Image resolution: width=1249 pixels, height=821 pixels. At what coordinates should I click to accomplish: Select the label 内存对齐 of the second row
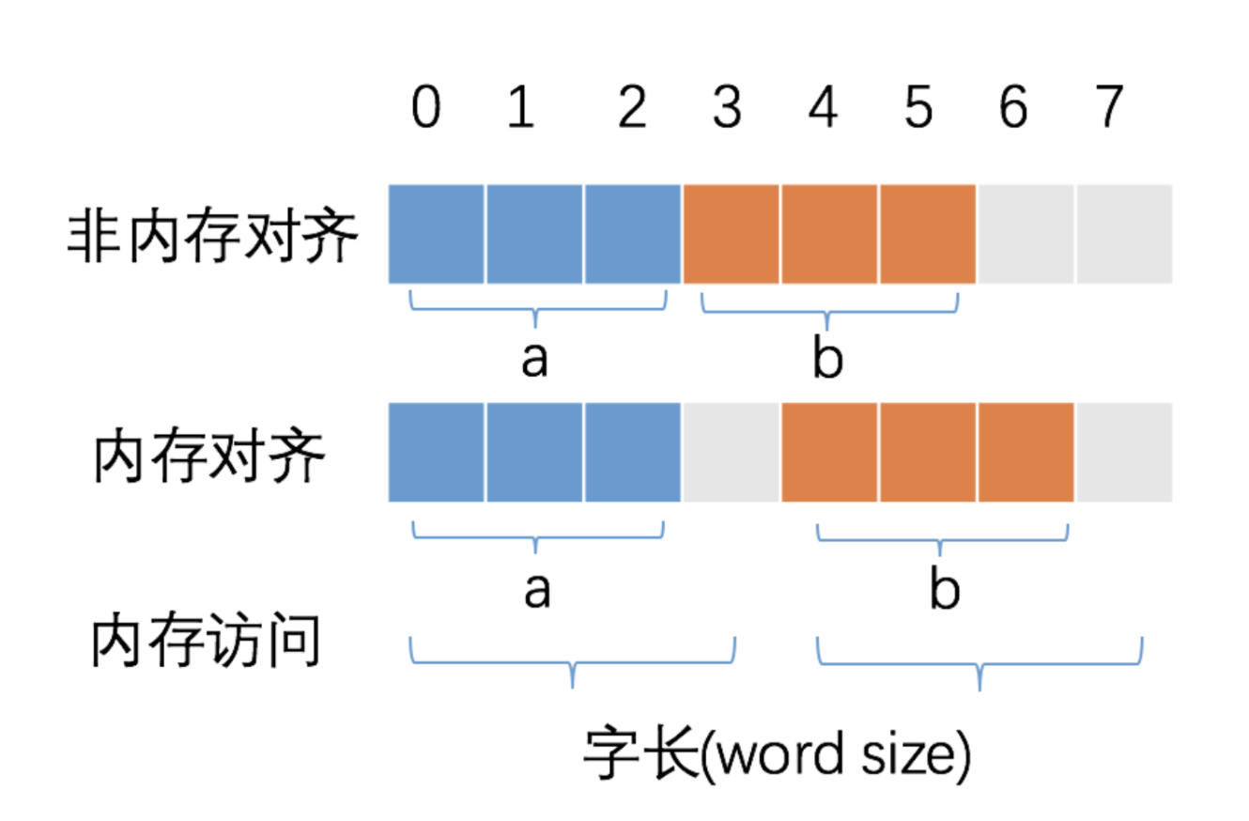pyautogui.click(x=208, y=457)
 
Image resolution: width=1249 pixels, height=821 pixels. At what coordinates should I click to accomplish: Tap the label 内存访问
pyautogui.click(x=207, y=642)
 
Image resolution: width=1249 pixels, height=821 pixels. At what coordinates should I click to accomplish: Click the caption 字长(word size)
pyautogui.click(x=776, y=753)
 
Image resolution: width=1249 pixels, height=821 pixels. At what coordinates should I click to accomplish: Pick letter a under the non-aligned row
pyautogui.click(x=534, y=359)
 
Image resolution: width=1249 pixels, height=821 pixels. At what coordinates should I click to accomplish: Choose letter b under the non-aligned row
pyautogui.click(x=827, y=359)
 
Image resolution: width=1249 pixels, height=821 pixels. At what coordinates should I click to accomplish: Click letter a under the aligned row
pyautogui.click(x=536, y=590)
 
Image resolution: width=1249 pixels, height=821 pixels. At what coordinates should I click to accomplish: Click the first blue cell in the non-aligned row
pyautogui.click(x=437, y=234)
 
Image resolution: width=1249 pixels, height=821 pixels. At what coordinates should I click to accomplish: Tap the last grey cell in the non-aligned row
pyautogui.click(x=1124, y=234)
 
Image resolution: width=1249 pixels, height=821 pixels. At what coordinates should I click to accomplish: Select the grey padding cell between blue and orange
pyautogui.click(x=731, y=453)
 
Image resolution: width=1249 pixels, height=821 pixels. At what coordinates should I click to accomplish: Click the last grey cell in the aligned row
pyautogui.click(x=1124, y=453)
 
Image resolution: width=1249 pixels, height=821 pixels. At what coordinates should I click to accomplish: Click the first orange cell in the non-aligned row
pyautogui.click(x=731, y=234)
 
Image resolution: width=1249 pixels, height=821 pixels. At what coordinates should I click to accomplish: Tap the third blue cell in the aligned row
pyautogui.click(x=632, y=453)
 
